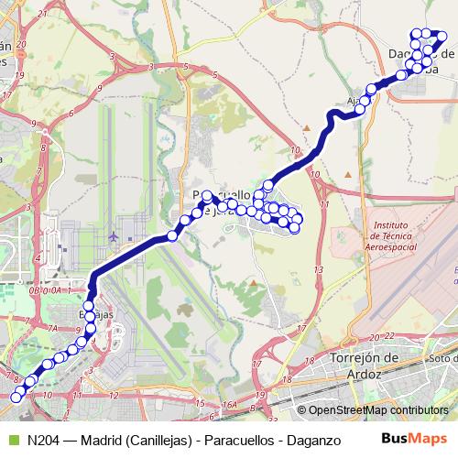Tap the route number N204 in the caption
pyautogui.click(x=44, y=440)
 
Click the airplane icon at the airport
pyautogui.click(x=113, y=237)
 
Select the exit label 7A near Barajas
pyautogui.click(x=52, y=327)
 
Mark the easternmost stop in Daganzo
pyautogui.click(x=443, y=38)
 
